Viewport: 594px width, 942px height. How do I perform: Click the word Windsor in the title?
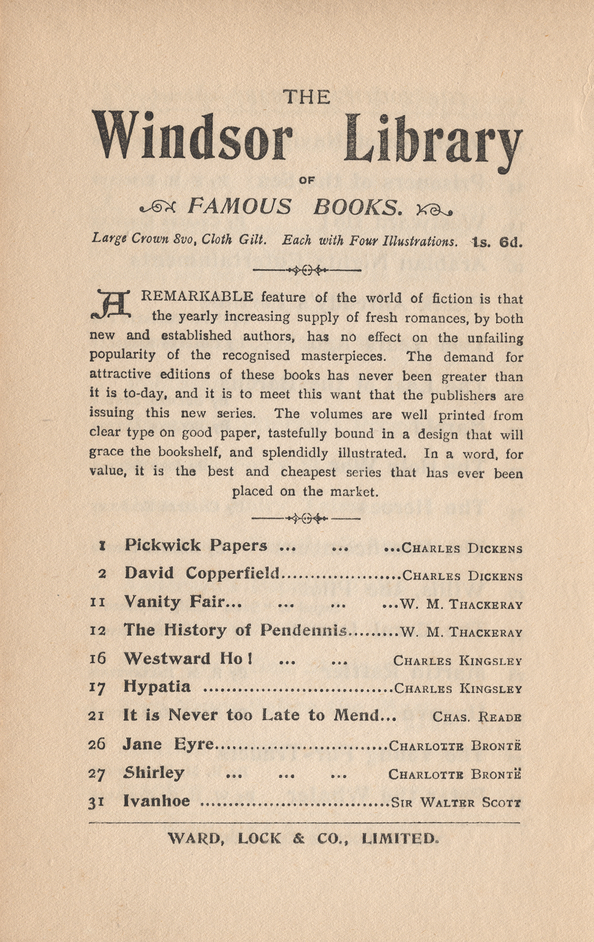coord(193,136)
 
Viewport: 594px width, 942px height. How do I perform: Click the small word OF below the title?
coord(307,181)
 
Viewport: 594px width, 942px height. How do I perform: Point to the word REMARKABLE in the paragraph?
coord(197,296)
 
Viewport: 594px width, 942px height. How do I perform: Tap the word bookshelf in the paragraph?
coord(192,452)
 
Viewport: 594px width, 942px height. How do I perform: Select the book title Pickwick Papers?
coord(196,545)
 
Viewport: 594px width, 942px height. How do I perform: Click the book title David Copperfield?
coord(202,573)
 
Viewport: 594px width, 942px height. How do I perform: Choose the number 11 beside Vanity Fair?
coord(98,603)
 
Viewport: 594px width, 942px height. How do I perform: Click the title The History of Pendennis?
coord(235,630)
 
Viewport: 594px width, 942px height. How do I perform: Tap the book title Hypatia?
coord(157,687)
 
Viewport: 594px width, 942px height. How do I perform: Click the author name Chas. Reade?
coord(477,716)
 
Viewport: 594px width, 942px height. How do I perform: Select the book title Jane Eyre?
coord(168,744)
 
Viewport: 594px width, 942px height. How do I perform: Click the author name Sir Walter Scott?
coord(456,802)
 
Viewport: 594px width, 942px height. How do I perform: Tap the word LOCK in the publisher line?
coord(260,839)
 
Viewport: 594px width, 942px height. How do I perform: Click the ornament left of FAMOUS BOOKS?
coord(158,208)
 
